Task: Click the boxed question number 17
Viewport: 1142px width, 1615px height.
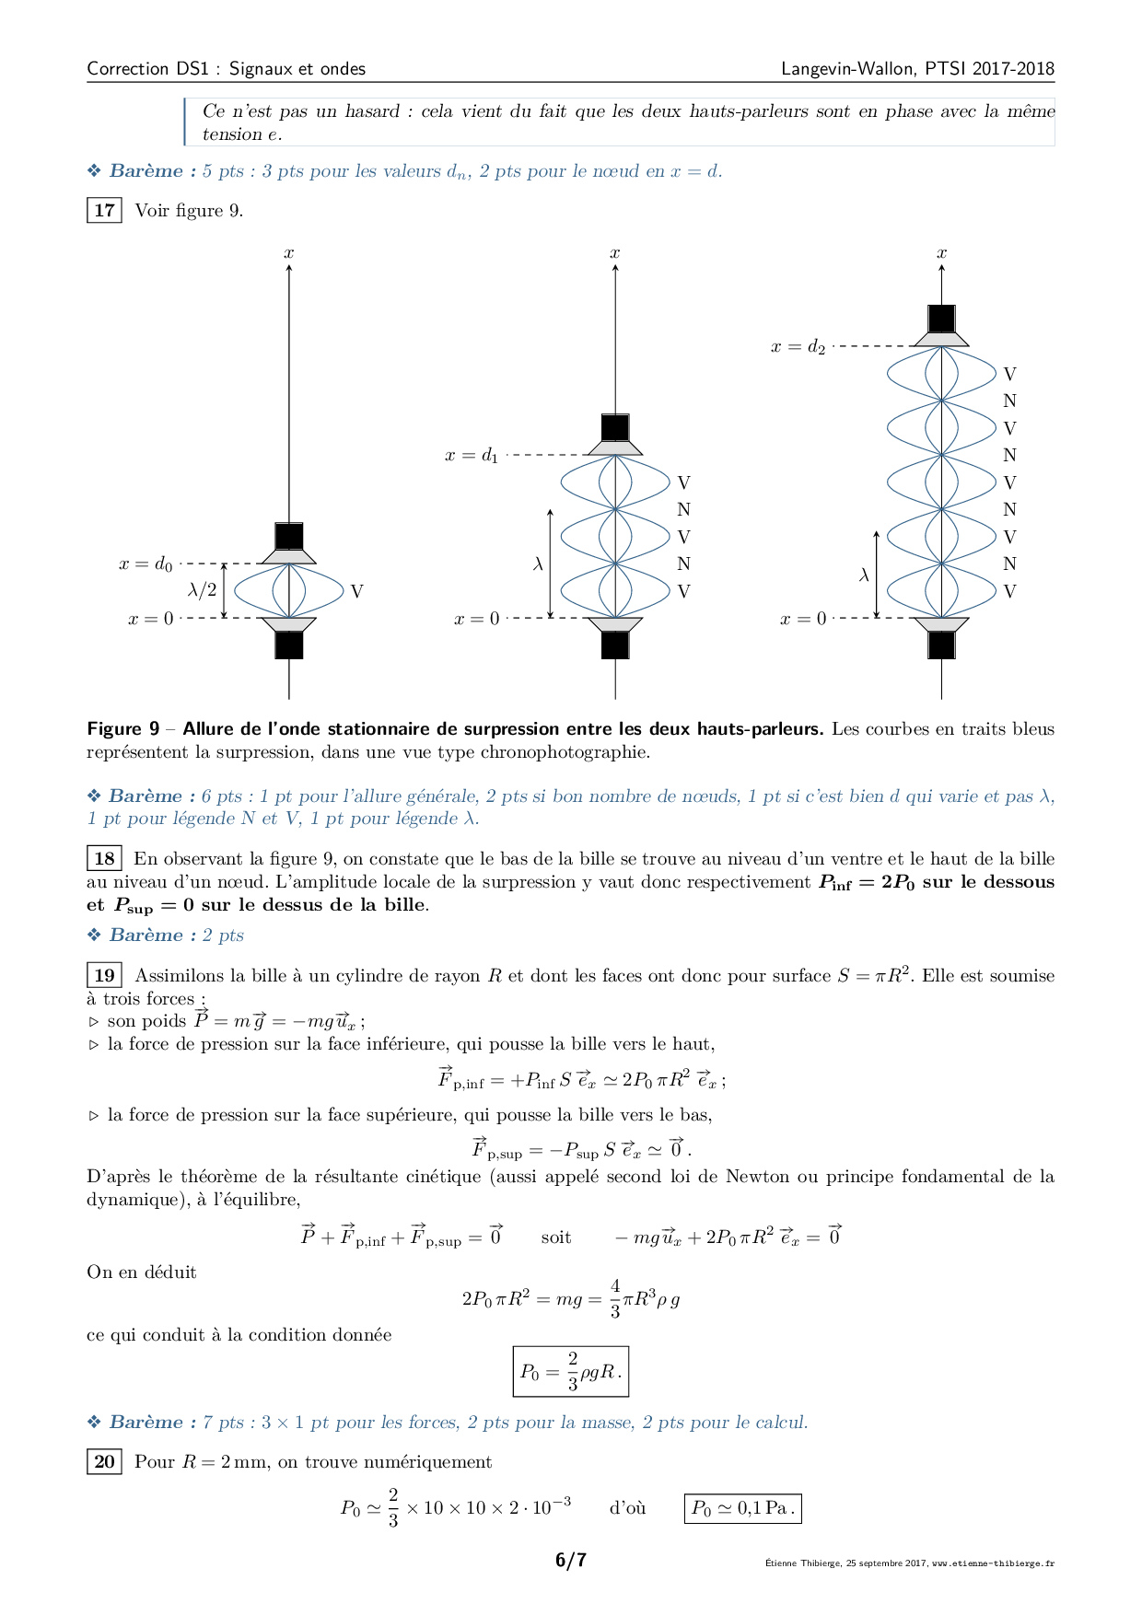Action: coord(104,210)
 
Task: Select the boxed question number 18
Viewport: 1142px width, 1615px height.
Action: coord(104,858)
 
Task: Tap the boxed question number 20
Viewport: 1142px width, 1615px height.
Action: coord(104,1461)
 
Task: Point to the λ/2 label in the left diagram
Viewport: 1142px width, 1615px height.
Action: coord(202,589)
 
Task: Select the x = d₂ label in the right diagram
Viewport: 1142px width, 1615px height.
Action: coord(798,346)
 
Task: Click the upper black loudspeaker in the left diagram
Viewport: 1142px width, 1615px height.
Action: coord(289,537)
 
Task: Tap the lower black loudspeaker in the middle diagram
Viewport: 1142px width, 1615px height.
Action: coord(615,645)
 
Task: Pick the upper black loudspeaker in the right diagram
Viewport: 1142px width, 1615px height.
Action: coord(941,319)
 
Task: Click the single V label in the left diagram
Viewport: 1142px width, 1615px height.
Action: coord(356,591)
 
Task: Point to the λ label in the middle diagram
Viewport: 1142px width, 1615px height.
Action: coord(538,564)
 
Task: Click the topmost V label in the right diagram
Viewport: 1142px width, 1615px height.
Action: coord(1009,374)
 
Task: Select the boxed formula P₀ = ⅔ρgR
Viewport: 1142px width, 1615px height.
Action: coord(571,1371)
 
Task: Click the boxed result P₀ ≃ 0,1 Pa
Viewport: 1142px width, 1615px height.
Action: coord(742,1508)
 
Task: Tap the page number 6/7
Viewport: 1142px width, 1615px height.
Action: coord(571,1560)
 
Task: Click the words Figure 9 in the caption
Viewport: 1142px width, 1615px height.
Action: coord(123,729)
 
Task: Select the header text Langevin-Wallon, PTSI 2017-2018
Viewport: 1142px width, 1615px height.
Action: coord(917,68)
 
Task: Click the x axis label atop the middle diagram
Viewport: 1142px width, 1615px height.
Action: coord(615,252)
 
